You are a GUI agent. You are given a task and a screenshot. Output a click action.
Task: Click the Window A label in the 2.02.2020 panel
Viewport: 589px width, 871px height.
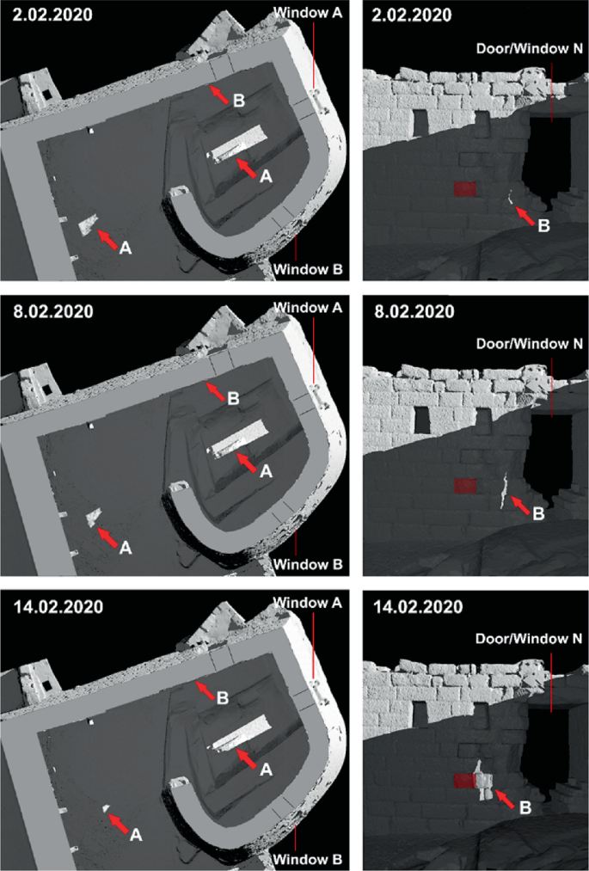pyautogui.click(x=308, y=13)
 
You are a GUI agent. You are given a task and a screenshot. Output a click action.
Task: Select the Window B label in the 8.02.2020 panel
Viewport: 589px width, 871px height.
pyautogui.click(x=308, y=564)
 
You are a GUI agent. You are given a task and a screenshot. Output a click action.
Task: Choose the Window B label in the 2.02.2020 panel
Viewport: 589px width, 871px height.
pyautogui.click(x=308, y=270)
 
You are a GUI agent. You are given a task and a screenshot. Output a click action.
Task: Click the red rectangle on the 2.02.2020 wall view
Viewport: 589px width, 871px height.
pyautogui.click(x=465, y=189)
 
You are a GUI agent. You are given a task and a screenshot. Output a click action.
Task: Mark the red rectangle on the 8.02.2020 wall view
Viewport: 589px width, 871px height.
pyautogui.click(x=465, y=486)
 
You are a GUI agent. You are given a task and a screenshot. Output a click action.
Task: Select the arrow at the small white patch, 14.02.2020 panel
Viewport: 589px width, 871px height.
pyautogui.click(x=121, y=821)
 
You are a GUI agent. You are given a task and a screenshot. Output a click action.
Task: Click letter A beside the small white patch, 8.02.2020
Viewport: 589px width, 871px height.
pyautogui.click(x=126, y=547)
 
